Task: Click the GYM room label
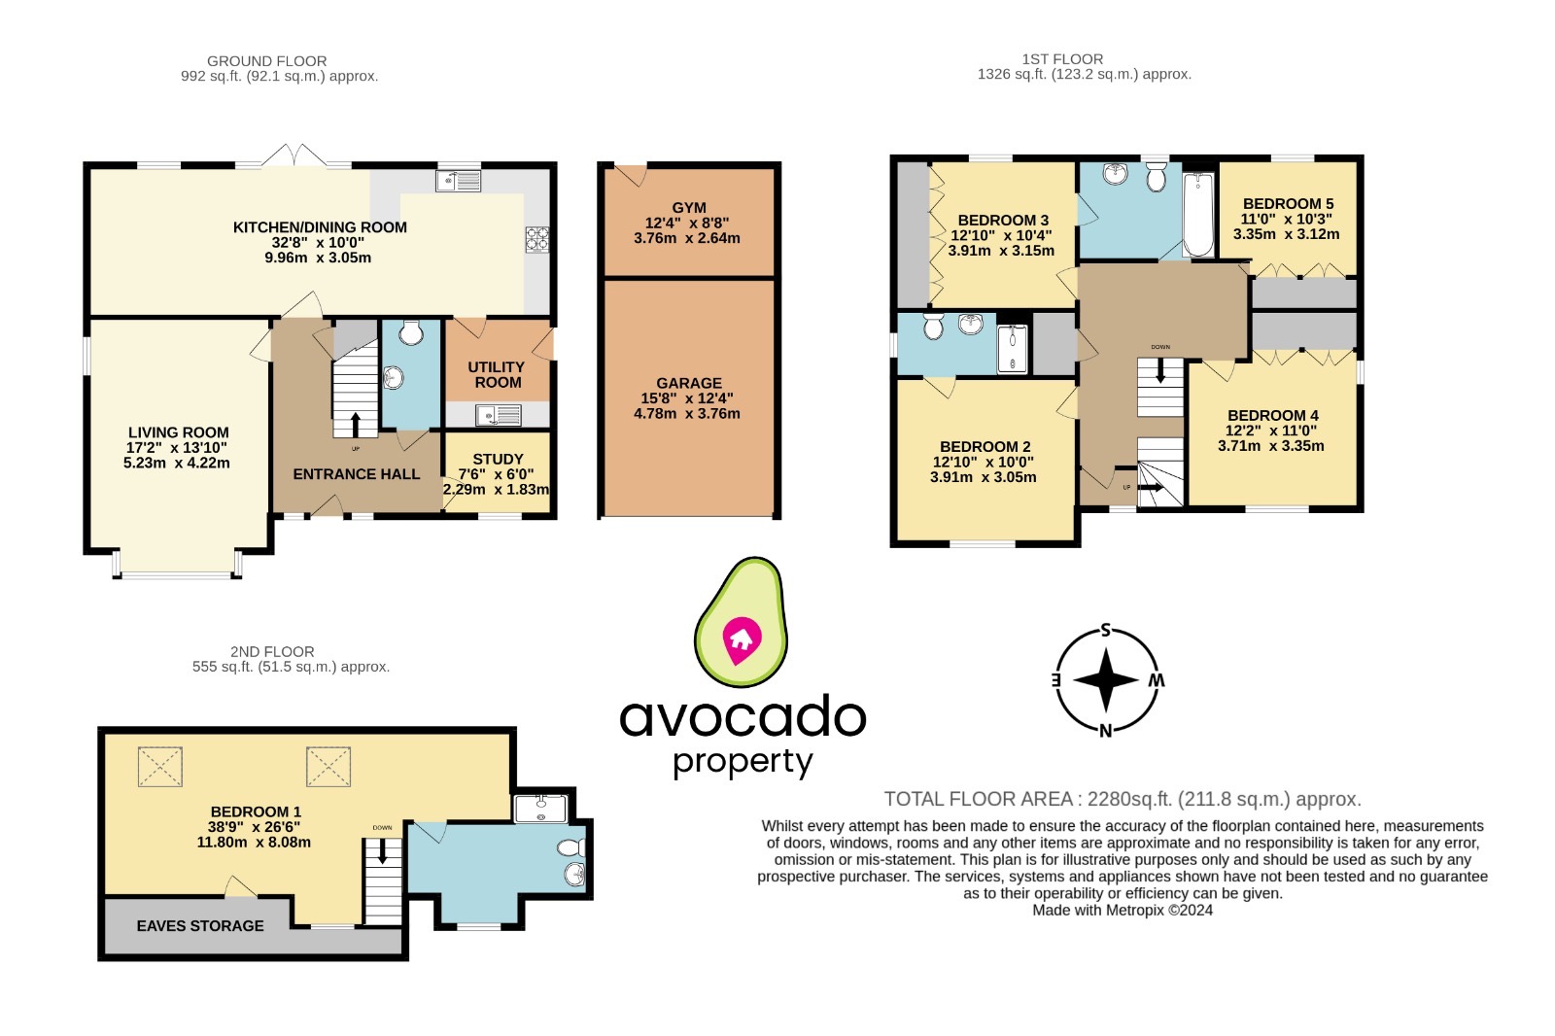pos(688,208)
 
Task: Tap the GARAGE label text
pos(688,383)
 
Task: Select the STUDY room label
pos(498,459)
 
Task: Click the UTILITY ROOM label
pos(497,374)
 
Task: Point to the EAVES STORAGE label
pos(200,926)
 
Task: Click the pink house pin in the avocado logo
pos(742,639)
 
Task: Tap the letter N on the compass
pos(1105,731)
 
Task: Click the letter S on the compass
pos(1105,630)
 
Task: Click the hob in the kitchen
pos(537,239)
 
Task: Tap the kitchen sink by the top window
pos(459,180)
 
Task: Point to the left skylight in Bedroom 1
pos(159,766)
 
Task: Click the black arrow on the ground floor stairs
pos(356,424)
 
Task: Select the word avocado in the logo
pos(743,717)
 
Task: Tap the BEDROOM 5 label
pos(1288,204)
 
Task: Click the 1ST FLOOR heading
pos(1062,59)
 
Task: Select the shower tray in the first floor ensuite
pos(1012,349)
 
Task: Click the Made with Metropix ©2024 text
pos(1122,911)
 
